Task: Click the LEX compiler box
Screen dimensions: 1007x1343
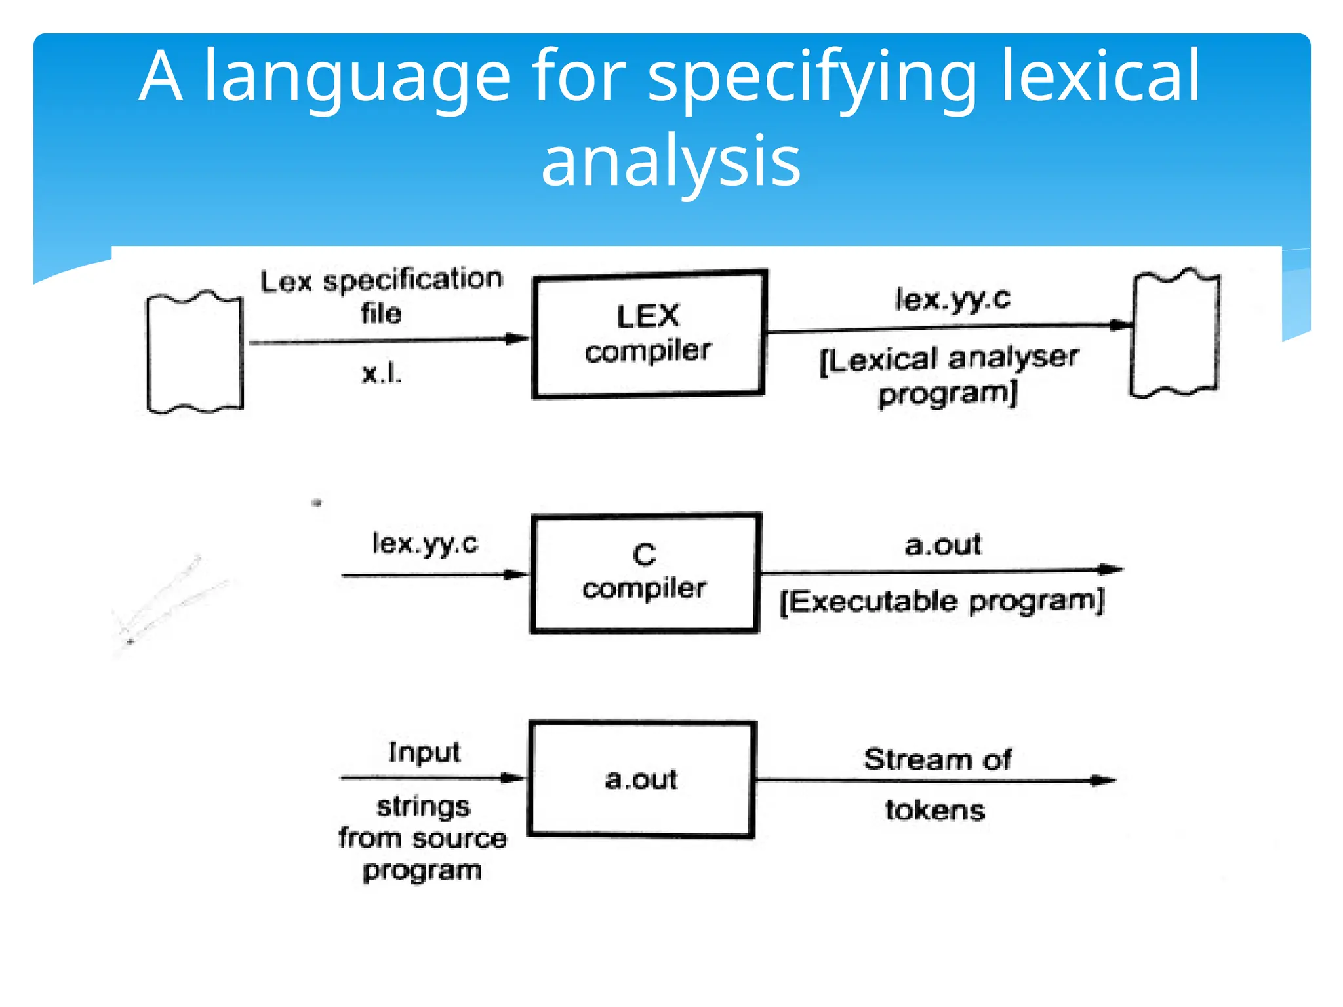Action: [x=649, y=334]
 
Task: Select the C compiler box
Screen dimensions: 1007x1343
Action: [x=645, y=572]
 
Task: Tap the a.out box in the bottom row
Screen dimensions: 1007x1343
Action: [x=641, y=779]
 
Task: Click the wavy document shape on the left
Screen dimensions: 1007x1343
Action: [x=195, y=352]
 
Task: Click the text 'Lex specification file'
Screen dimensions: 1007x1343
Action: [x=382, y=296]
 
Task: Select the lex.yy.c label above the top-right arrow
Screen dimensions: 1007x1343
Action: [x=952, y=299]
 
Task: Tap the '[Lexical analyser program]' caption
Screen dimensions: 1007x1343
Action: [x=948, y=376]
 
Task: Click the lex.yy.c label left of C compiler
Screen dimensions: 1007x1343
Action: [x=425, y=543]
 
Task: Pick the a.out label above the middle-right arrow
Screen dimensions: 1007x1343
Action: [x=942, y=545]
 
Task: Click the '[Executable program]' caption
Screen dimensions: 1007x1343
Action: [x=942, y=601]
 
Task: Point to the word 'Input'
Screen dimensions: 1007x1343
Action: [x=424, y=752]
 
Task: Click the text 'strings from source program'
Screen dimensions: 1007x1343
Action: [x=422, y=839]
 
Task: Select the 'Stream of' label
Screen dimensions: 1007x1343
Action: [x=937, y=759]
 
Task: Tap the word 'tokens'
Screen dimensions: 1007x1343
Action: [x=935, y=811]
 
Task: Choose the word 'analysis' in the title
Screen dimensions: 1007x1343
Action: [x=671, y=161]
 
